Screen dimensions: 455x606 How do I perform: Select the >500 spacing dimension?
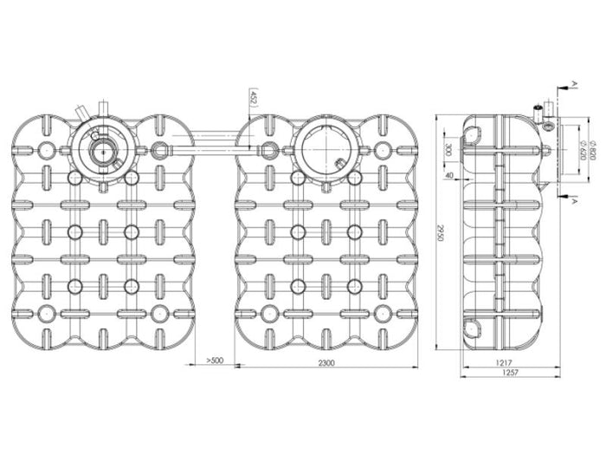pyautogui.click(x=216, y=361)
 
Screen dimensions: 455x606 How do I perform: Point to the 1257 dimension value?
pyautogui.click(x=509, y=374)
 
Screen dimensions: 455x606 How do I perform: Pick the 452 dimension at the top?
pyautogui.click(x=253, y=97)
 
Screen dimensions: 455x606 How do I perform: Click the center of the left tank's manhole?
pyautogui.click(x=102, y=150)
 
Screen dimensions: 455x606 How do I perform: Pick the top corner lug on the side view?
pyautogui.click(x=474, y=132)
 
